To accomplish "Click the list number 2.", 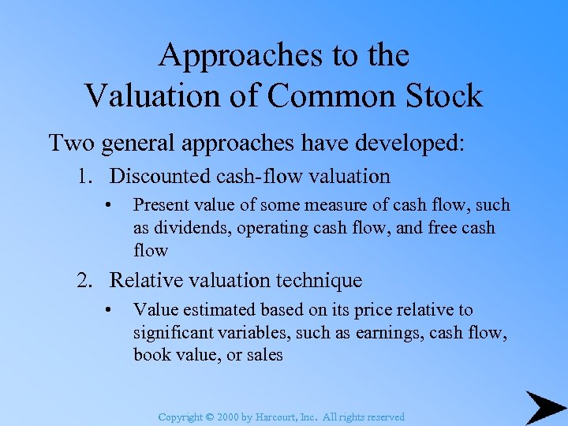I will (x=84, y=280).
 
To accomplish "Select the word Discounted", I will (x=158, y=176).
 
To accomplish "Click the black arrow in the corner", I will (x=545, y=408).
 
